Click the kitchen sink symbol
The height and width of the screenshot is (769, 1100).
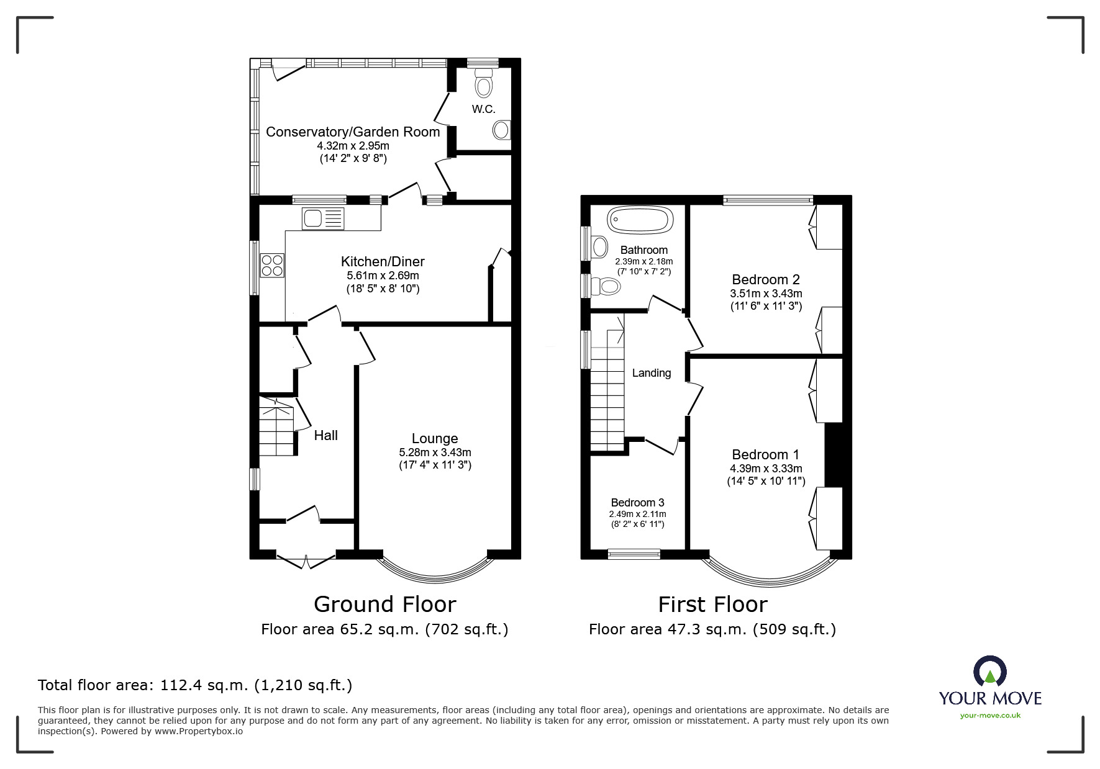pyautogui.click(x=322, y=218)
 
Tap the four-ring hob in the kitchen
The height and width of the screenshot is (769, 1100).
pyautogui.click(x=272, y=265)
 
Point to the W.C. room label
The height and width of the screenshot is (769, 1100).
pyautogui.click(x=483, y=109)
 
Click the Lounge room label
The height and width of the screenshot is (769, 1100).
pyautogui.click(x=435, y=438)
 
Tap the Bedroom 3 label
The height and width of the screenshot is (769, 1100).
pyautogui.click(x=637, y=502)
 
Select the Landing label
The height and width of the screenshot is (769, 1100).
pyautogui.click(x=651, y=372)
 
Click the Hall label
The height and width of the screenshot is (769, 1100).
pyautogui.click(x=325, y=435)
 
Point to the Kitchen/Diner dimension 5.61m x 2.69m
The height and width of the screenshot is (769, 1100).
pyautogui.click(x=383, y=276)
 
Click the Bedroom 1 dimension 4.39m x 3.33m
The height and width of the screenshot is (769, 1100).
pyautogui.click(x=766, y=469)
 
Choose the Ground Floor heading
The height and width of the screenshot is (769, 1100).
pyautogui.click(x=384, y=604)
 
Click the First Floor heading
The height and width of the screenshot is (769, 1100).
pyautogui.click(x=712, y=604)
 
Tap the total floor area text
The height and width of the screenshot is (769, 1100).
pyautogui.click(x=195, y=685)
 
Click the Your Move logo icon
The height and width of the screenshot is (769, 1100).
pyautogui.click(x=989, y=672)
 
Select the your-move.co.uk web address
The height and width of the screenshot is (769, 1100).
pyautogui.click(x=990, y=715)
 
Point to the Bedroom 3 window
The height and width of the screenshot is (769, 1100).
pyautogui.click(x=634, y=554)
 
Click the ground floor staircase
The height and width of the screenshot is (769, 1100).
pyautogui.click(x=276, y=428)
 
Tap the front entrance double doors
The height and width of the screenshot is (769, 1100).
pyautogui.click(x=305, y=559)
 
